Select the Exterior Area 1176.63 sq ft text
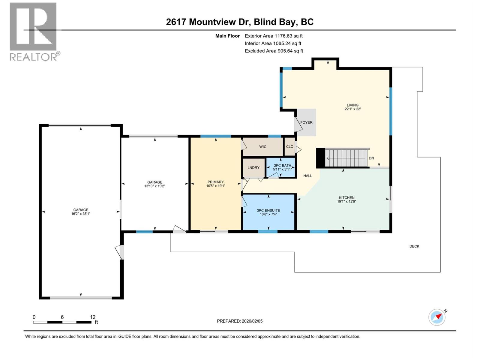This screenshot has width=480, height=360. click(274, 36)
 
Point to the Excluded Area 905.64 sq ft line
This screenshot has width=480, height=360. click(274, 51)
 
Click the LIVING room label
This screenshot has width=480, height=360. click(352, 105)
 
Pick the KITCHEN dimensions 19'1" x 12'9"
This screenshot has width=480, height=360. click(346, 202)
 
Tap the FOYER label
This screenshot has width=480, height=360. click(306, 122)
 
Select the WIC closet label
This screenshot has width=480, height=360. click(262, 147)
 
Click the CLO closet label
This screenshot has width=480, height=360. click(289, 147)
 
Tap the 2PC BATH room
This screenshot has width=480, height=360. click(282, 167)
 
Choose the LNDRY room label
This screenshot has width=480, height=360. click(253, 168)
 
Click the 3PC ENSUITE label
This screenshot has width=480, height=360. click(268, 211)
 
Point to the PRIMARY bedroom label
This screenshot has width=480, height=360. click(215, 182)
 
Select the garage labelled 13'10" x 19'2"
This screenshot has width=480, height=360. click(154, 184)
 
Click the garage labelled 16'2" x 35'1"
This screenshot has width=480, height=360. click(81, 212)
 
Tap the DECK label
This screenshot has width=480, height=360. click(414, 246)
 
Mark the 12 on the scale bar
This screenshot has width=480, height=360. click(93, 317)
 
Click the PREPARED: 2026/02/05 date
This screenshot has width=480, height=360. click(240, 321)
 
